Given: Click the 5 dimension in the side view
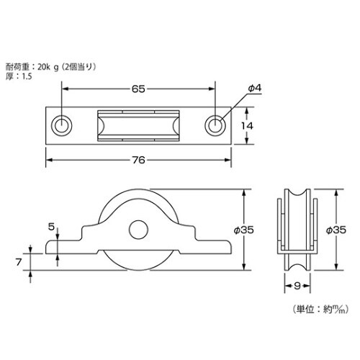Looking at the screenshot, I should point(51,227).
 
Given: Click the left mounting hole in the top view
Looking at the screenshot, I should point(63,125).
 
